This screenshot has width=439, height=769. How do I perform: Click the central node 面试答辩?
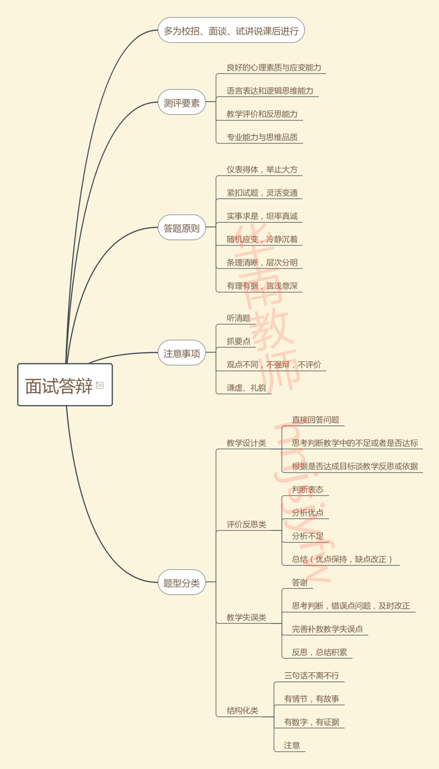coord(59,385)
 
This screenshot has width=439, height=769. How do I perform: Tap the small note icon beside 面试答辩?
coord(100,385)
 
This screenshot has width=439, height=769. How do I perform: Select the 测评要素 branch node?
coord(182,103)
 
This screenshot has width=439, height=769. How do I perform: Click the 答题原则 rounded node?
coord(182,228)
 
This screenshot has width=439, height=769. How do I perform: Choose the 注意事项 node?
coord(182,353)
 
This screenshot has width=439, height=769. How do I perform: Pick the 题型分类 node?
coord(182,583)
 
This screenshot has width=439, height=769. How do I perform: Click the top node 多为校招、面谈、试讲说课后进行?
coord(231,31)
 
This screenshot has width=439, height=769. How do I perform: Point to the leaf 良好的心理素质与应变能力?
coord(274,68)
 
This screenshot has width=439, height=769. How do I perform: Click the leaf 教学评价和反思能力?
coord(262,114)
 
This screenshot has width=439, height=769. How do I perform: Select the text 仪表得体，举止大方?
coord(262,170)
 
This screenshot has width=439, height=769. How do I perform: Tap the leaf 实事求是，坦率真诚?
coord(262,216)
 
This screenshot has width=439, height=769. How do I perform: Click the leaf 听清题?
coord(238,318)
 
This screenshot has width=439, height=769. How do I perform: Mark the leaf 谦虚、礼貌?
coord(246,388)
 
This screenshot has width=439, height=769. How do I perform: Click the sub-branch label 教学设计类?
coord(246,443)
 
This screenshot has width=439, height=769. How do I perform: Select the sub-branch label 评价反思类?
coord(246,525)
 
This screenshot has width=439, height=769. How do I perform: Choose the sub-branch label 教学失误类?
coord(246,618)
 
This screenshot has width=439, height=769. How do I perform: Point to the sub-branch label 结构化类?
coord(242,711)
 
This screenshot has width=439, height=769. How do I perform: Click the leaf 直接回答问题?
coord(315,420)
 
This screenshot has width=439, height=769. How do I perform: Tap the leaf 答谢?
coord(299,582)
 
